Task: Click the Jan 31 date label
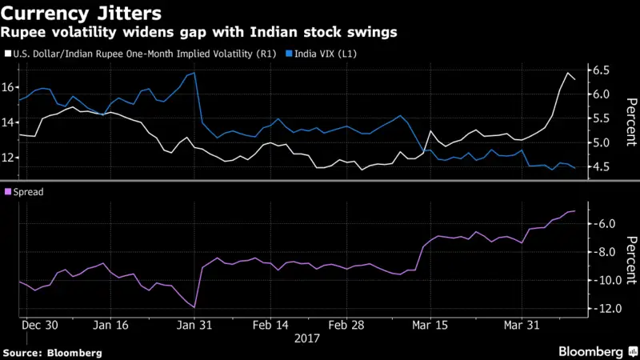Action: coord(195,326)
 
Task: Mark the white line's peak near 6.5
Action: coord(567,74)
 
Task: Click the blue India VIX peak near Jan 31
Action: coord(194,73)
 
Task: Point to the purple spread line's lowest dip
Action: coord(194,307)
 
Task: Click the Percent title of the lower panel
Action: coord(630,259)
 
